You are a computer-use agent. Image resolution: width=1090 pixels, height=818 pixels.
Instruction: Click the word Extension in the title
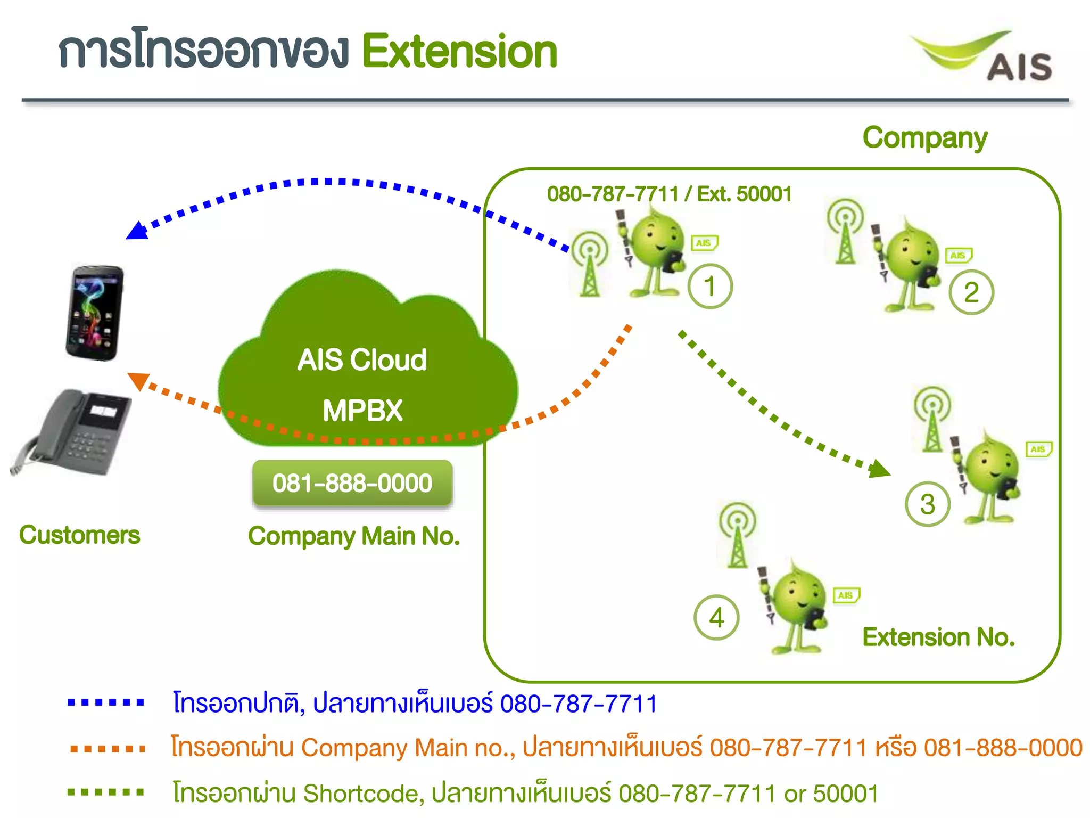[x=459, y=51]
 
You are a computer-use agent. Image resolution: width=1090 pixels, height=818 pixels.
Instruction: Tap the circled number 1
[x=710, y=287]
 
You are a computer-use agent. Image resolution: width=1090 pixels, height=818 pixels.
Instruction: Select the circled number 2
[x=971, y=292]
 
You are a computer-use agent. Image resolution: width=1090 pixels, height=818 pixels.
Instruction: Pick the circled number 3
[x=928, y=504]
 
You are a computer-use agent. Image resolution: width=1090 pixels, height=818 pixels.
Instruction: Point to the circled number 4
[x=716, y=618]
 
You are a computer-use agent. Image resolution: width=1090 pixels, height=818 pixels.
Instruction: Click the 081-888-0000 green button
[x=352, y=483]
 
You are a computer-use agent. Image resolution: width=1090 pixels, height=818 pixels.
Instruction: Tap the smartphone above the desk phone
[x=95, y=313]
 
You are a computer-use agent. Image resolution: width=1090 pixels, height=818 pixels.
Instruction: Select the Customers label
[x=79, y=535]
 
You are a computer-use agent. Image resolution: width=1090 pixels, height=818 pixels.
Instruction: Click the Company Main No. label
[x=354, y=536]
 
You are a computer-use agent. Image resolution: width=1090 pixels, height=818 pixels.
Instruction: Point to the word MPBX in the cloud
[x=362, y=411]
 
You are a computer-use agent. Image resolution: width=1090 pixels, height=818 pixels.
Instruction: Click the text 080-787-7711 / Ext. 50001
[x=669, y=194]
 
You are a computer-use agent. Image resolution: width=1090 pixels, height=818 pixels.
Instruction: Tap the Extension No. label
[x=938, y=637]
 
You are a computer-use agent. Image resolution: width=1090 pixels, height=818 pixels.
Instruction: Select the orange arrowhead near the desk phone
[x=138, y=380]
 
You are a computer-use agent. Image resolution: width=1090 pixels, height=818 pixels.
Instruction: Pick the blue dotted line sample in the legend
[x=106, y=702]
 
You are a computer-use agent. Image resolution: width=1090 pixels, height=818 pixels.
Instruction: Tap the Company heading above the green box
[x=924, y=138]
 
